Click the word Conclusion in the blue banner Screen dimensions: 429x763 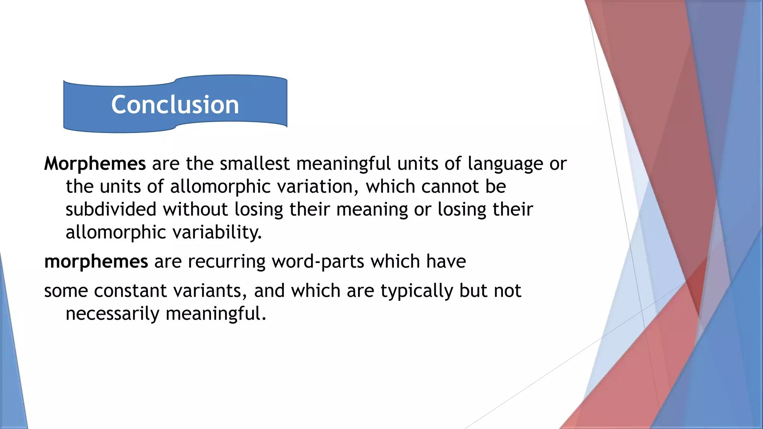[175, 105]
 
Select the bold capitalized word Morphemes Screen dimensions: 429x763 [95, 164]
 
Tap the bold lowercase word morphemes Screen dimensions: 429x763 [96, 261]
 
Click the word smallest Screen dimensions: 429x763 [255, 164]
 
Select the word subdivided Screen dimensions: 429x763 [111, 209]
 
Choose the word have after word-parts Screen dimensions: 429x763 [446, 261]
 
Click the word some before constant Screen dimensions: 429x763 [66, 291]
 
